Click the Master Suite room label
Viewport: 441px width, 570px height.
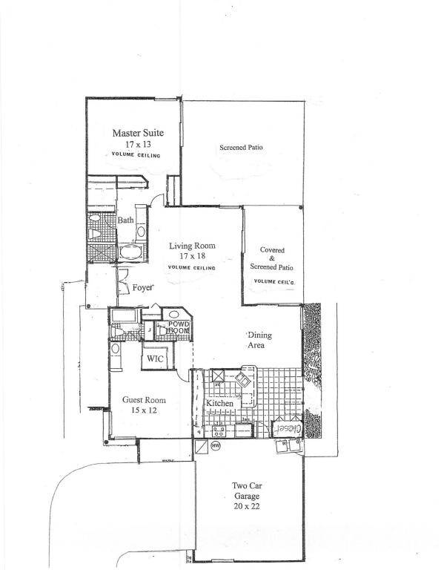138,133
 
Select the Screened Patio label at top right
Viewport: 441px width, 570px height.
241,148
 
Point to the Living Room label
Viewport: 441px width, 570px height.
192,246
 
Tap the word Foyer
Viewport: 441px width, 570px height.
142,288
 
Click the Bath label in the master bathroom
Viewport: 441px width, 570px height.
125,220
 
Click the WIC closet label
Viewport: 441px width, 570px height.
155,358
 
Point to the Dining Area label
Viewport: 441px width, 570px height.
259,340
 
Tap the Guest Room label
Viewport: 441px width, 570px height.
144,400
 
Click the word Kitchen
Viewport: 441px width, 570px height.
220,403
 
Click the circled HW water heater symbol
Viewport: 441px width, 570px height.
216,446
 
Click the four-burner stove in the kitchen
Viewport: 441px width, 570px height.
219,430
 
